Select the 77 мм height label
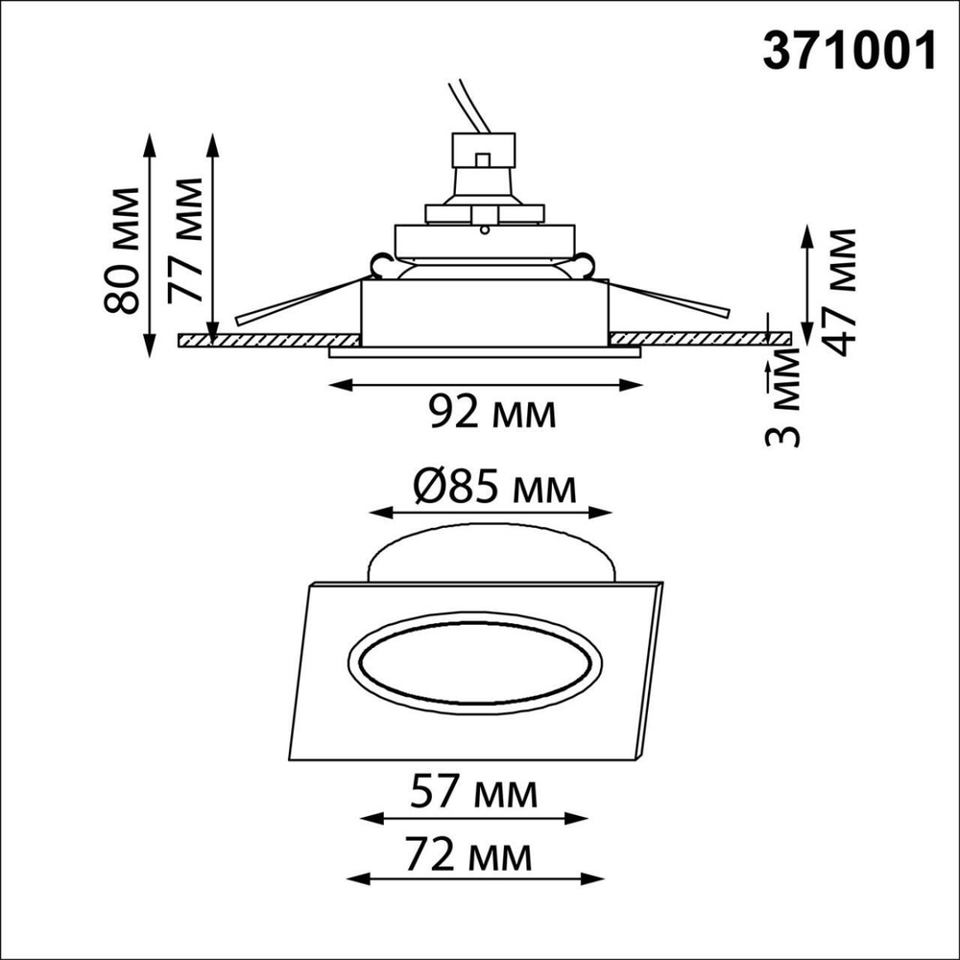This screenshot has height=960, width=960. [184, 240]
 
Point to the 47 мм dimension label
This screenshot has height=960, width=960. [841, 292]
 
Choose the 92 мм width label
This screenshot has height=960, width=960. [492, 413]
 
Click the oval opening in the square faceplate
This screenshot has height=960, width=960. [473, 672]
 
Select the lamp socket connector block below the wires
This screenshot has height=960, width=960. [485, 154]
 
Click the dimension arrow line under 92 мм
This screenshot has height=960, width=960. [485, 385]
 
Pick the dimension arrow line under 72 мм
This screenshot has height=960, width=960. [474, 877]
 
